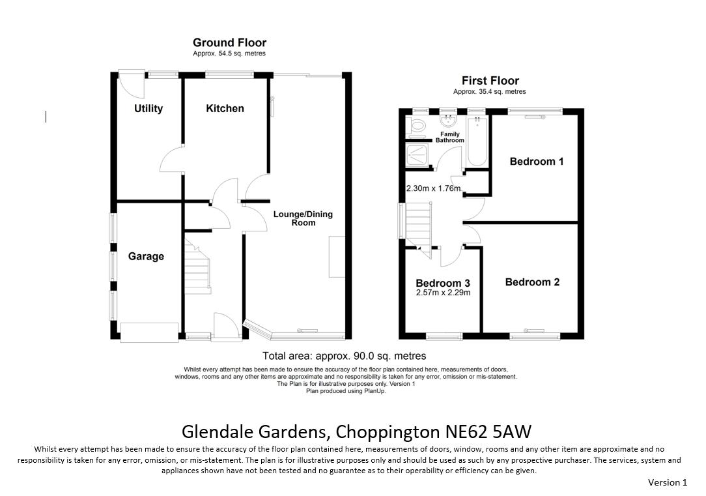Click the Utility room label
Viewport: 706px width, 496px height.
click(148, 109)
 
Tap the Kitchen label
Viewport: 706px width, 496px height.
click(225, 109)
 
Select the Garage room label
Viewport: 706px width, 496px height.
click(146, 256)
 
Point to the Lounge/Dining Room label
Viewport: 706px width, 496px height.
click(303, 218)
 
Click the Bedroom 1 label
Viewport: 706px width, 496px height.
click(536, 161)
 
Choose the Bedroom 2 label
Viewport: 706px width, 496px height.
click(532, 282)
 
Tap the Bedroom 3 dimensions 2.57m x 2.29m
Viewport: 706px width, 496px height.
click(443, 293)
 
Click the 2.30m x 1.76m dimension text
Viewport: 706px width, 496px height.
click(433, 188)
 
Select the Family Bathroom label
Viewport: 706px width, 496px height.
click(450, 137)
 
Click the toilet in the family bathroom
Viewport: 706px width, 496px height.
click(416, 127)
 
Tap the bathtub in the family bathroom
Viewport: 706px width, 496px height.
click(477, 141)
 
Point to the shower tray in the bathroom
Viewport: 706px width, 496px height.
click(417, 154)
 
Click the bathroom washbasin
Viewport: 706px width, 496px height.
click(449, 121)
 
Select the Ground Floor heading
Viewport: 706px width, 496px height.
click(230, 43)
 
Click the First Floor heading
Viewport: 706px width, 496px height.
click(490, 81)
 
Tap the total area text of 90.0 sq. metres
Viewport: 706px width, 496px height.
click(345, 356)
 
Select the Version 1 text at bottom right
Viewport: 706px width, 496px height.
click(668, 482)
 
